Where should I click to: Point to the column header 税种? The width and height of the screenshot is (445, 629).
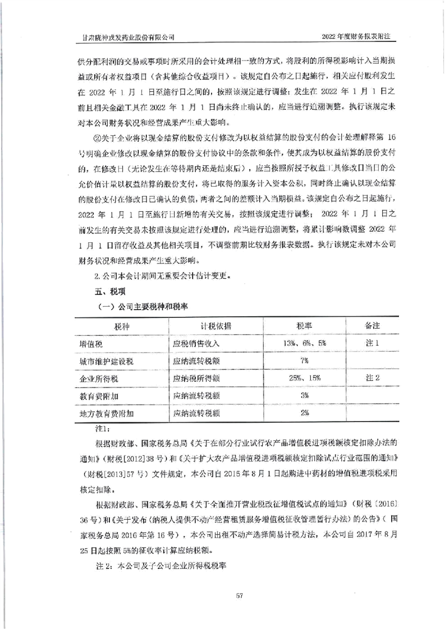(121, 327)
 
